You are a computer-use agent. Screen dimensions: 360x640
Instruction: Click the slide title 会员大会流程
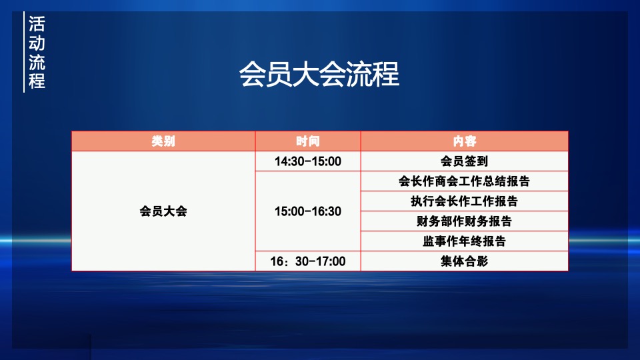point(319,75)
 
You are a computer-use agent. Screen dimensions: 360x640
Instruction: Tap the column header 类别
point(163,141)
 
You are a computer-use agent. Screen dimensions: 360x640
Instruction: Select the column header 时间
point(308,141)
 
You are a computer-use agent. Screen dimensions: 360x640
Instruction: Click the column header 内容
point(465,141)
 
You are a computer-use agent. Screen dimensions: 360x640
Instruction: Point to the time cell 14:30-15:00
point(308,161)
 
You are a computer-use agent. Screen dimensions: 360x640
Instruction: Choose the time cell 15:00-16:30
point(308,211)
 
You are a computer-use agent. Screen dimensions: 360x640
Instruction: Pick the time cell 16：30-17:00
point(308,261)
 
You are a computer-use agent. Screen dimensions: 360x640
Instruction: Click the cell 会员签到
point(465,161)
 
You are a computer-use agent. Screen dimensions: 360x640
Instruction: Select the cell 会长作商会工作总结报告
point(465,181)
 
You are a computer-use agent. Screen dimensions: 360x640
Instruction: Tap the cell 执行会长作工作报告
point(465,201)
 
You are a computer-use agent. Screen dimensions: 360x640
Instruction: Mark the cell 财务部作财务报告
point(465,221)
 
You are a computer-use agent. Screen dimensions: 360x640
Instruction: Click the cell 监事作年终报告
point(465,241)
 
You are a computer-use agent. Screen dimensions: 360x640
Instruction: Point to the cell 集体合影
point(465,261)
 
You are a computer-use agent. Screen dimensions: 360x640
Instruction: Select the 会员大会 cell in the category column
point(163,211)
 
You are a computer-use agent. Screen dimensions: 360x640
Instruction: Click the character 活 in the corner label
point(37,24)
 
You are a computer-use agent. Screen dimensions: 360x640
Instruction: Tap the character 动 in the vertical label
point(37,43)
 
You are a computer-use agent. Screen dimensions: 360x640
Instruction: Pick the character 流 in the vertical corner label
point(37,63)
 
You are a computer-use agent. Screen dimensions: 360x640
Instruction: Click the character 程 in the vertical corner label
point(37,81)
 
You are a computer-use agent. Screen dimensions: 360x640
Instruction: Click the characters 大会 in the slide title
point(319,75)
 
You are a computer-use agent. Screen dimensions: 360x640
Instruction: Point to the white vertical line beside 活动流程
point(24,52)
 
